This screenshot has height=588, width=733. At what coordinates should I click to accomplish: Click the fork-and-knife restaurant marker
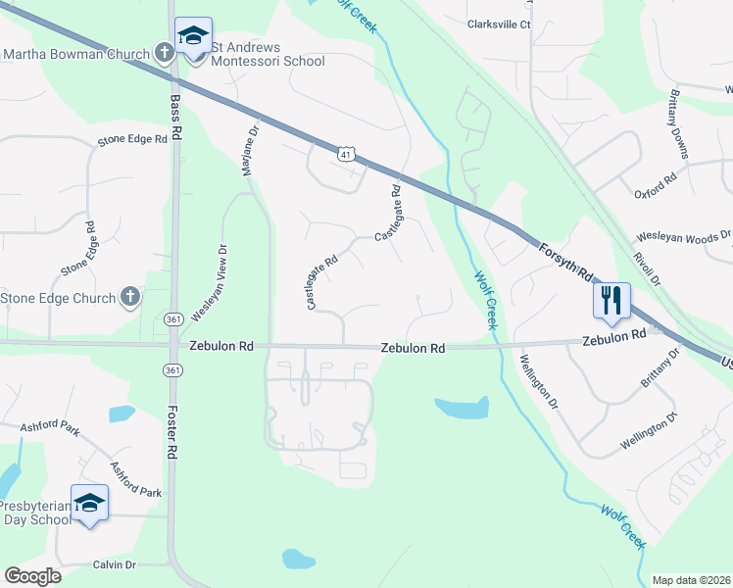[611, 299]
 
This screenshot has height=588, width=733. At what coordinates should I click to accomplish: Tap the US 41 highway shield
[345, 153]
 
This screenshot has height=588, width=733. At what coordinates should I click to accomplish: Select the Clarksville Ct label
[499, 24]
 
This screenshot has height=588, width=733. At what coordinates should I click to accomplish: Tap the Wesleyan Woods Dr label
[684, 236]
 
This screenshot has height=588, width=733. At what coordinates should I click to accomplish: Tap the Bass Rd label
[176, 115]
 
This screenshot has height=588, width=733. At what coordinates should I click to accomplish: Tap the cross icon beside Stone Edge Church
[130, 297]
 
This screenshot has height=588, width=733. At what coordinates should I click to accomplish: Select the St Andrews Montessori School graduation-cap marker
[193, 37]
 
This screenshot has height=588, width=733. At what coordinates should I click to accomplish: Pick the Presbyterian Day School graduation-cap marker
[90, 504]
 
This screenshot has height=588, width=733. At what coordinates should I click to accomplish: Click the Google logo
[32, 576]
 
